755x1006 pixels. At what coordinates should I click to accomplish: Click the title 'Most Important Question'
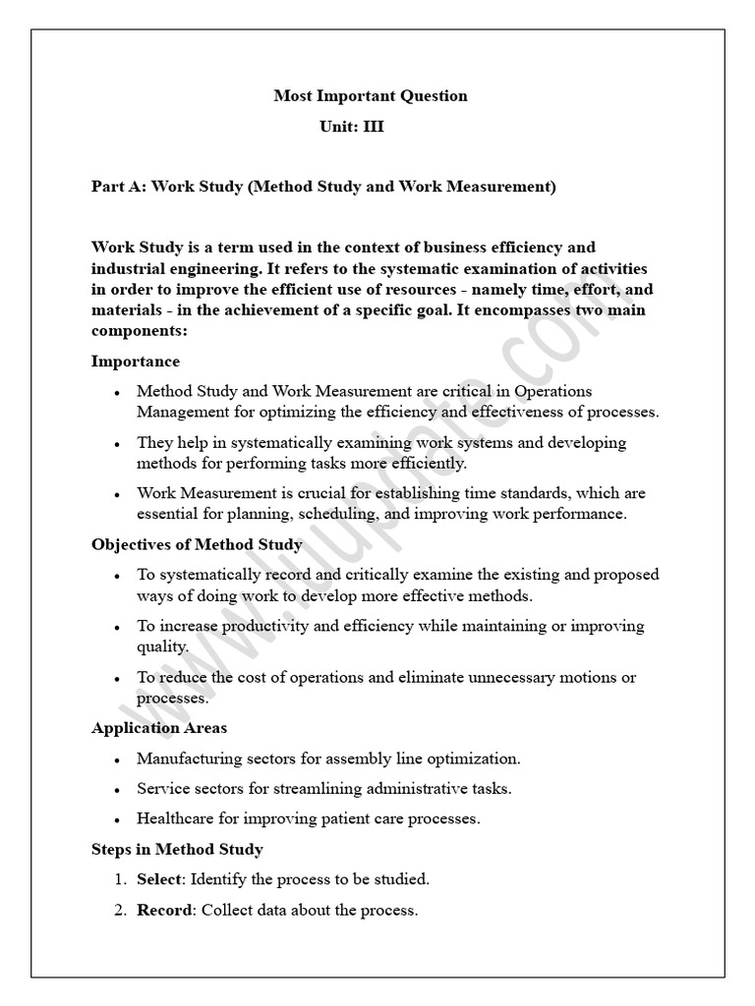[370, 96]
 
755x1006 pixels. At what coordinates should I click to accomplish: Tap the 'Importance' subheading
[136, 362]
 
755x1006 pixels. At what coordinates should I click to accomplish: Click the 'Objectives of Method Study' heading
[197, 544]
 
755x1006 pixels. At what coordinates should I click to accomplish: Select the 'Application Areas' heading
[159, 728]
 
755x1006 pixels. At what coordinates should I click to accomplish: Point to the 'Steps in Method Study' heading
[177, 849]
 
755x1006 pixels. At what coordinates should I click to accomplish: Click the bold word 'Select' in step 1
[158, 879]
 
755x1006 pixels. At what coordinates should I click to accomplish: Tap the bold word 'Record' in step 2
[163, 911]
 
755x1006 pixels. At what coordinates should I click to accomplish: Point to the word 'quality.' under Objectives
[163, 646]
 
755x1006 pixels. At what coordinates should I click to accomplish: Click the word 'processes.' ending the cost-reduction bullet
[172, 699]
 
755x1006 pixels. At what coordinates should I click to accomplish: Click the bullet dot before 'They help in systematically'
[117, 444]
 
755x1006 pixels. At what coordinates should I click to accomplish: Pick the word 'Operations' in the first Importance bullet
[554, 392]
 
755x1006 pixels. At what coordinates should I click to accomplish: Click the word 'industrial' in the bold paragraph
[127, 268]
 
